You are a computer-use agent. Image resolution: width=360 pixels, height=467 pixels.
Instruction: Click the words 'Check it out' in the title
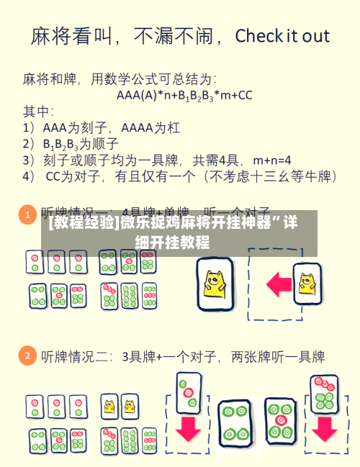(x=282, y=37)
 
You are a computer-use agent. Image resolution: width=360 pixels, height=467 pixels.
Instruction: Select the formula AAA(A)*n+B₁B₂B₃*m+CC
(x=184, y=94)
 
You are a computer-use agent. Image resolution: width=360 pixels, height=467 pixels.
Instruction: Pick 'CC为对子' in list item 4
(x=76, y=175)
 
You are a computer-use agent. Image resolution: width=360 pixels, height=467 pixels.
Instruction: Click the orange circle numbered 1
(x=27, y=214)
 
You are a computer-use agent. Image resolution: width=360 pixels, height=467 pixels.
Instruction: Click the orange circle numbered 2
(x=27, y=355)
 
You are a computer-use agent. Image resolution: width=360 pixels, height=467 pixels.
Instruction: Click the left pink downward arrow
(x=189, y=427)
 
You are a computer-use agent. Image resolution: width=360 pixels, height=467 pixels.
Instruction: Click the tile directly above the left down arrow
(x=189, y=392)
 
